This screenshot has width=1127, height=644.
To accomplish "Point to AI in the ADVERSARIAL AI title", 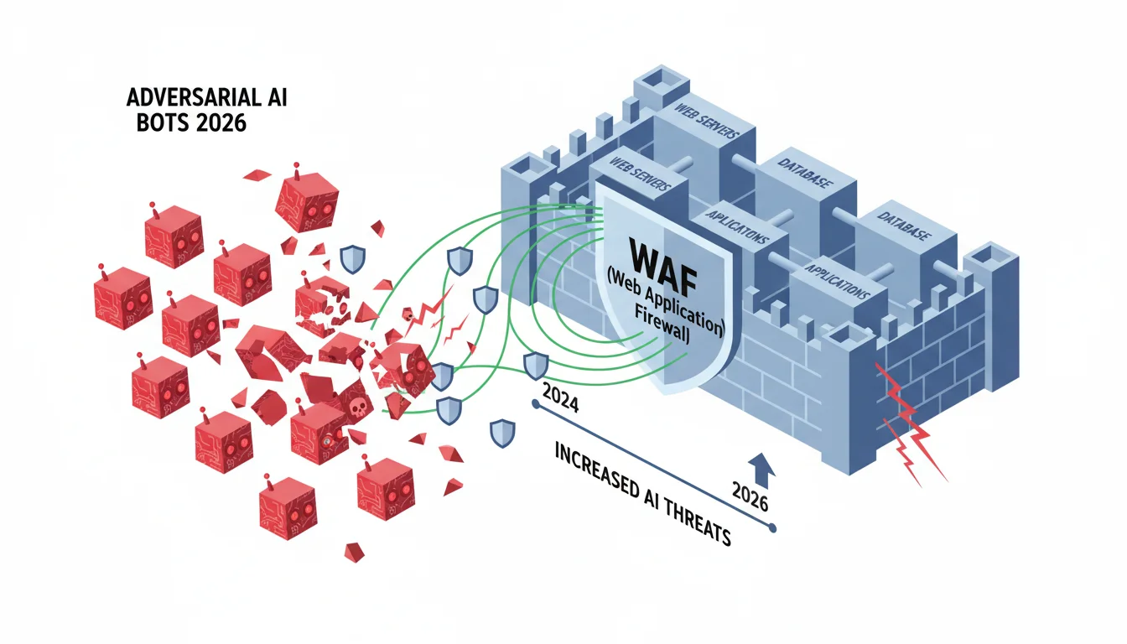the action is (x=278, y=97).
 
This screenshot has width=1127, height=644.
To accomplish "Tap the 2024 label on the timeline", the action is (x=560, y=397).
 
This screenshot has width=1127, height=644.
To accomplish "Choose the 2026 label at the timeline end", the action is (x=750, y=496).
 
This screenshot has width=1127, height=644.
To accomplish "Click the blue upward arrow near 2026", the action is (x=761, y=470).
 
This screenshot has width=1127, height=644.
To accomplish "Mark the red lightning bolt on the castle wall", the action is (x=911, y=423).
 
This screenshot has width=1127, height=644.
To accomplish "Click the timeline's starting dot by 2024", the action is (x=535, y=404).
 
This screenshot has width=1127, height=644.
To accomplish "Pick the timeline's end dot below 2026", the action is (x=773, y=528).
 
